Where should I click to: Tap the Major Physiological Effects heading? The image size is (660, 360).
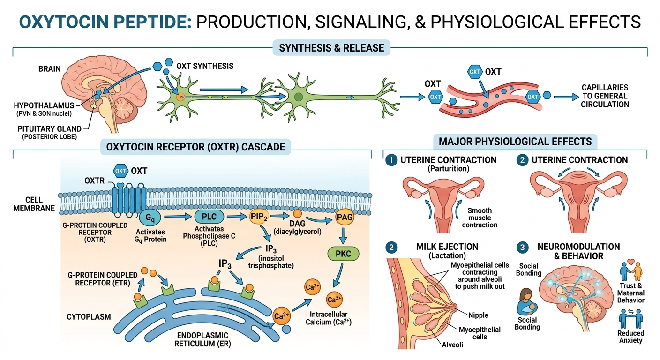tap(515, 141)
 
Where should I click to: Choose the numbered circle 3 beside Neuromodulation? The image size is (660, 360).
tap(521, 247)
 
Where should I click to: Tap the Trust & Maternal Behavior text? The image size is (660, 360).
tap(631, 293)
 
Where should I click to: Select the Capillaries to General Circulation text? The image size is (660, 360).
tap(604, 96)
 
